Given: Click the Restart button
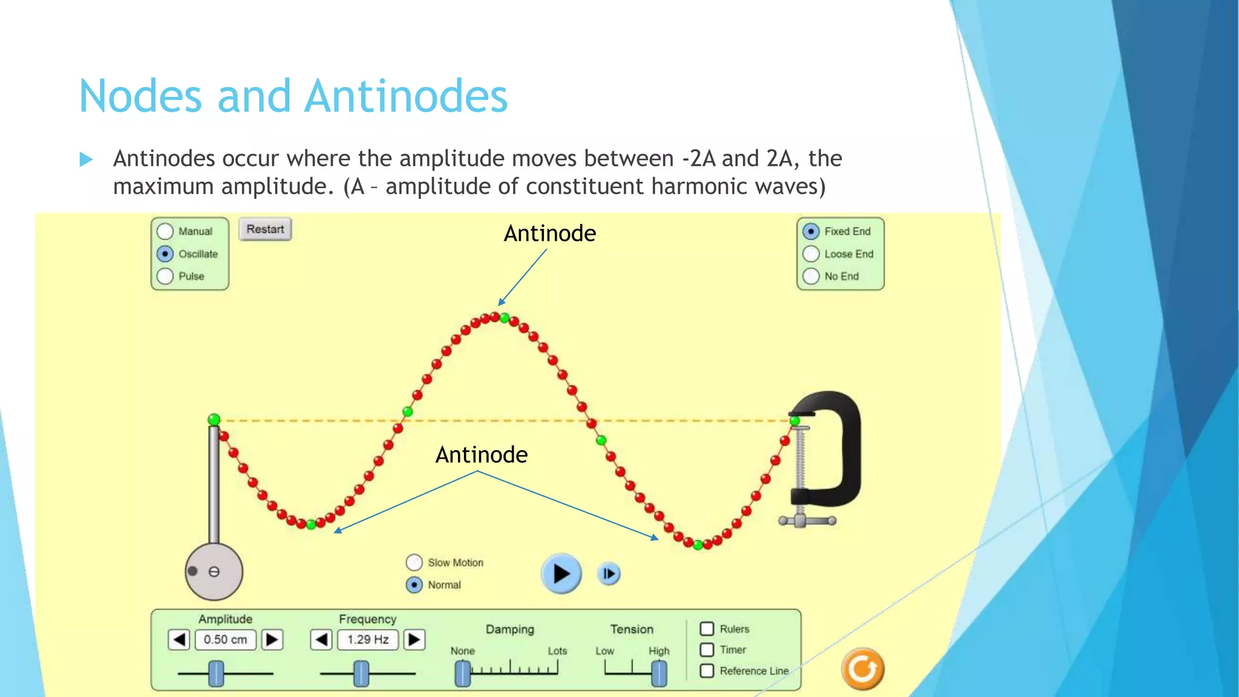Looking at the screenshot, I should [x=265, y=230].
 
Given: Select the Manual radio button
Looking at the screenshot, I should [x=165, y=232].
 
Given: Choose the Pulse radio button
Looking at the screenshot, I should [x=165, y=277].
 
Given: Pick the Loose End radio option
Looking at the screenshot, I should [x=811, y=254].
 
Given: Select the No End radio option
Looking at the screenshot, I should [x=811, y=277].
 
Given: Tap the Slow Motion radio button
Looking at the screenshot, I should [x=414, y=563].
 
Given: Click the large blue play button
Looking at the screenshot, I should [x=561, y=574].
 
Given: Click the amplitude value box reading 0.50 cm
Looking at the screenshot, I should [x=226, y=640].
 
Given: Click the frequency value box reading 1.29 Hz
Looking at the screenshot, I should [x=368, y=640].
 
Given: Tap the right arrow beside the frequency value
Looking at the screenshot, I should [x=414, y=640].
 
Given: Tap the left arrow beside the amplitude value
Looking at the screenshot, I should [x=179, y=640].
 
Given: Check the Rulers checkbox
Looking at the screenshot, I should [x=707, y=629].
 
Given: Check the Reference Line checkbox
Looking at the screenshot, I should [x=707, y=671].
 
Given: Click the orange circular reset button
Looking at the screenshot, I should [x=863, y=669].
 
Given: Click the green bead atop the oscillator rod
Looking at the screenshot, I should [x=214, y=419].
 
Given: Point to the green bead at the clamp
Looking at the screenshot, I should [x=795, y=420].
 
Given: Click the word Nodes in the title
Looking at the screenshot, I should [x=140, y=97].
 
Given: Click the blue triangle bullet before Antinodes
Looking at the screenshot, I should [x=86, y=160].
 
